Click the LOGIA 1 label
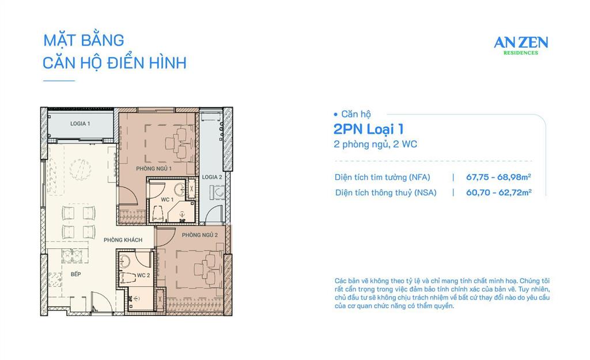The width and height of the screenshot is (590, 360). point(80,124)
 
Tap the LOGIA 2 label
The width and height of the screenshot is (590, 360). point(212,177)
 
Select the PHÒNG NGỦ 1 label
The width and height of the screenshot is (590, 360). point(154,168)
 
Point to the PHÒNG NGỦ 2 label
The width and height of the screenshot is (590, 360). point(199,235)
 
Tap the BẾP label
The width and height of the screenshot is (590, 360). point(76,275)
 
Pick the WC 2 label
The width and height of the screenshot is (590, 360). point(143,276)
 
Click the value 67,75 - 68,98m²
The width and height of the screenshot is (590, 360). point(498,177)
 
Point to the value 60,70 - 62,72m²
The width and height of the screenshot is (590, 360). point(498,193)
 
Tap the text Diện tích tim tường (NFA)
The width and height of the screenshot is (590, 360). point(383,177)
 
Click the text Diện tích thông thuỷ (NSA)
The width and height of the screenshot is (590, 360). point(386,193)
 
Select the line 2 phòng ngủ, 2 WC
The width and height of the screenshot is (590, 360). point(375,145)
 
